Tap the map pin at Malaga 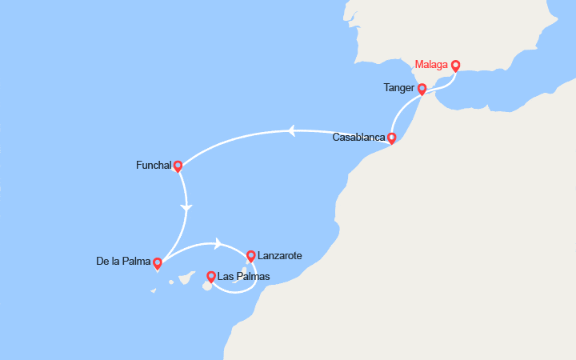[455, 66]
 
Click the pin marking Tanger [422, 89]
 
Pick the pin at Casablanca [391, 138]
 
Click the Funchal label [154, 166]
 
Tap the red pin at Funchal [178, 166]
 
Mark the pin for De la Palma [158, 262]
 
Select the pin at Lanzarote [250, 256]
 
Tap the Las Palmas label [244, 278]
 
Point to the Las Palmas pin [210, 277]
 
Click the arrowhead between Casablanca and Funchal [292, 130]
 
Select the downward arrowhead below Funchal [186, 208]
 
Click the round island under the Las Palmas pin [207, 286]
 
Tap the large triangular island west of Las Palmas [186, 277]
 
